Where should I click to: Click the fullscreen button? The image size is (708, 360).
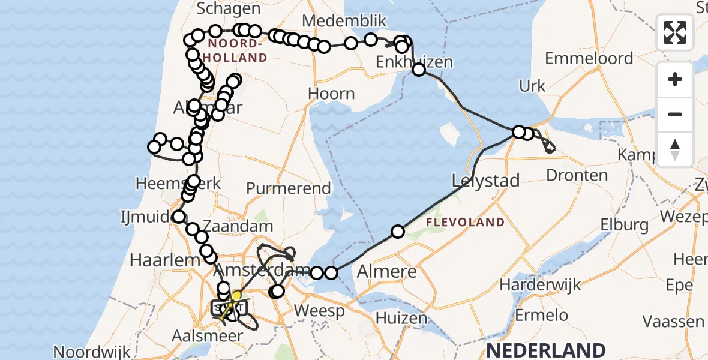coord(675,32)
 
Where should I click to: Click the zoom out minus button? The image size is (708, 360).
coord(675,114)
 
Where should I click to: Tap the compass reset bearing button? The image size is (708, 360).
coord(675,149)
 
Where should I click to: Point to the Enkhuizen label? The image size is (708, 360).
coord(414,62)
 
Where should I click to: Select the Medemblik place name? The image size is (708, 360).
coord(344,21)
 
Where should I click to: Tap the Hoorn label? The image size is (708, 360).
coord(331,94)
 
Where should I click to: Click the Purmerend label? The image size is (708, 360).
coord(289,188)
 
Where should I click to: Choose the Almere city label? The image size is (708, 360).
coord(387,271)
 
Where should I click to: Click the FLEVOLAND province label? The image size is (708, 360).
coord(466,223)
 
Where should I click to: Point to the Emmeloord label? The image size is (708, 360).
coord(589,58)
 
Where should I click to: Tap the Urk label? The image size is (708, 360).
coord(532,86)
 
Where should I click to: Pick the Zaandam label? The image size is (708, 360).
coord(238,226)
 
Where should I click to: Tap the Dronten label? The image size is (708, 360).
coord(577,175)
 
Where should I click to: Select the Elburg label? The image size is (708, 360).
coord(624,225)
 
